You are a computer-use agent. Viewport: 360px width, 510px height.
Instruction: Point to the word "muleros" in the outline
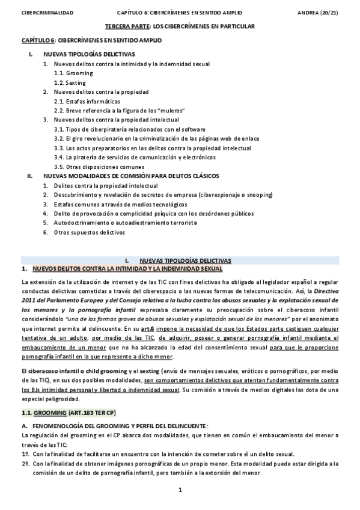[x=169, y=111]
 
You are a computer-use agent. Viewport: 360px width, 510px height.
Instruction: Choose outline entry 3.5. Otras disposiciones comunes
[x=99, y=167]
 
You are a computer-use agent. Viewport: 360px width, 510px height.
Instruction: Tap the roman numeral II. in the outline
[x=30, y=176]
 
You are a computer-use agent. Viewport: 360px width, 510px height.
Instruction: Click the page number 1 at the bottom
[x=180, y=490]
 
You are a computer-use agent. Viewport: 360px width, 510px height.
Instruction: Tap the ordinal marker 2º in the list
[x=25, y=464]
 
